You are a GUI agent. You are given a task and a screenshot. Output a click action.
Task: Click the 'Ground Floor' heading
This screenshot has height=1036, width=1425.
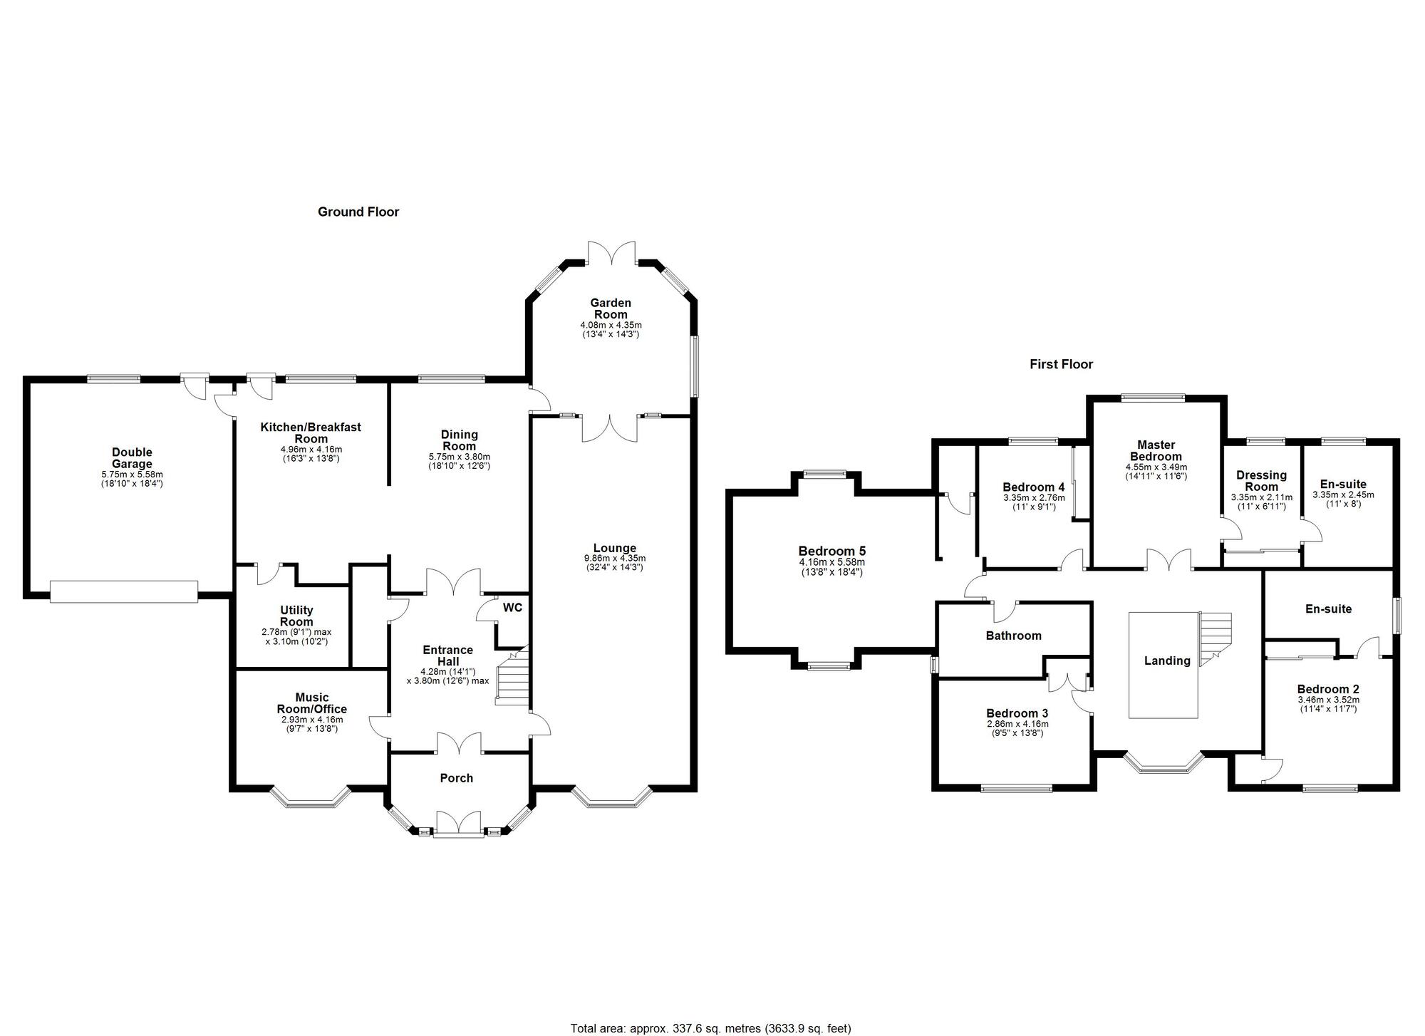358,212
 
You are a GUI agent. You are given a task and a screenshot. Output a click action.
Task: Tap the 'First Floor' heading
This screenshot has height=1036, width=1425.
1061,364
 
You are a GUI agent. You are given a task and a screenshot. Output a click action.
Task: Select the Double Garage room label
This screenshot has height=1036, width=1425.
132,458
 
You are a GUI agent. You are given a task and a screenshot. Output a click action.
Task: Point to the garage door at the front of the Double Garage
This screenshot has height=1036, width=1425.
124,591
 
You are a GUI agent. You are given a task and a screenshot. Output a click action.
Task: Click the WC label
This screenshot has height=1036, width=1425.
512,608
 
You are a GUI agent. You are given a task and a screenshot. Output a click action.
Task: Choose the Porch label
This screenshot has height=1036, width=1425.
457,778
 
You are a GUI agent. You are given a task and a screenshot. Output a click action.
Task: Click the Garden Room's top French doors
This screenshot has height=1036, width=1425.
611,253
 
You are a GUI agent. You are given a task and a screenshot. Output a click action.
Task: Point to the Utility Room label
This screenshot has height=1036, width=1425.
296,616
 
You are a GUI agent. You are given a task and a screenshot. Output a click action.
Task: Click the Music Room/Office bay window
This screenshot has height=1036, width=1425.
310,798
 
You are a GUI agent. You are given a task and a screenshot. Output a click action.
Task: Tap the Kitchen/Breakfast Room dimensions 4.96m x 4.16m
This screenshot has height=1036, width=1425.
311,450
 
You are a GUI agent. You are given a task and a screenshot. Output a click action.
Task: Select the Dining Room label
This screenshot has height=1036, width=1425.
460,440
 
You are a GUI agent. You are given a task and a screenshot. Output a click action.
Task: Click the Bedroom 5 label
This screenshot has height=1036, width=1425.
832,551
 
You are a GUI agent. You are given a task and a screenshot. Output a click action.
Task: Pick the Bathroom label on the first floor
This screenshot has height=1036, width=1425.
1014,636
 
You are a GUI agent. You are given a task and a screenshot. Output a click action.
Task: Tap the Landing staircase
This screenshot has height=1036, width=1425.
1216,639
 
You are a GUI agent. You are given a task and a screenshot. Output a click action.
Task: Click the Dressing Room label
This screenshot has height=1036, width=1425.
1262,481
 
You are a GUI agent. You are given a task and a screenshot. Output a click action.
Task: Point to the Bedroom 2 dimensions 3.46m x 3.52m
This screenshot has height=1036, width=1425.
1328,700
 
